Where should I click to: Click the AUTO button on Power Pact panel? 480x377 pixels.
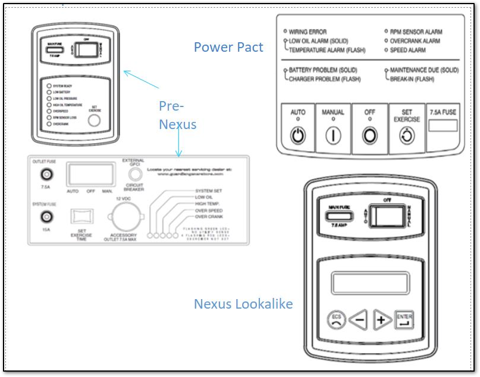pyautogui.click(x=298, y=135)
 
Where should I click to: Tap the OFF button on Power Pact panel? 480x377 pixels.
pyautogui.click(x=370, y=135)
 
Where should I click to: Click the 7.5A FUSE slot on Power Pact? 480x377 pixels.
pyautogui.click(x=443, y=125)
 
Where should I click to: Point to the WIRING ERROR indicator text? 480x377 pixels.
pyautogui.click(x=308, y=32)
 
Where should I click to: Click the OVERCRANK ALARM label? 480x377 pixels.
pyautogui.click(x=415, y=41)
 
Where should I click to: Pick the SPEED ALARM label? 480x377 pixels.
pyautogui.click(x=409, y=51)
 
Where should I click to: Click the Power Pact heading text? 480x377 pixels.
pyautogui.click(x=228, y=48)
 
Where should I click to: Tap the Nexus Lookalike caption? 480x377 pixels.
pyautogui.click(x=243, y=304)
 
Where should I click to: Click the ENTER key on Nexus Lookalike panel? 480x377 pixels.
pyautogui.click(x=404, y=320)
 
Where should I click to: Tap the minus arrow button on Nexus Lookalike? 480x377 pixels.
pyautogui.click(x=358, y=321)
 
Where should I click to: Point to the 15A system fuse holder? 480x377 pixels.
pyautogui.click(x=44, y=217)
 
